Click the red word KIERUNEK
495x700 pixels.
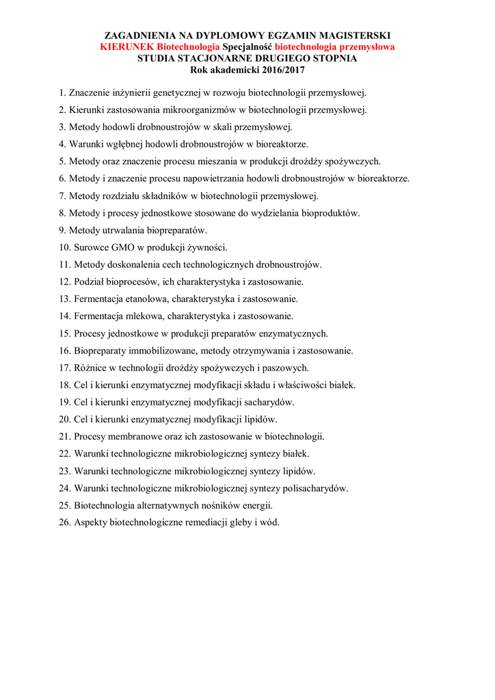127,47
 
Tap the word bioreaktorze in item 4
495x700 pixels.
283,144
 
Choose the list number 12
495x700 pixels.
64,282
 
